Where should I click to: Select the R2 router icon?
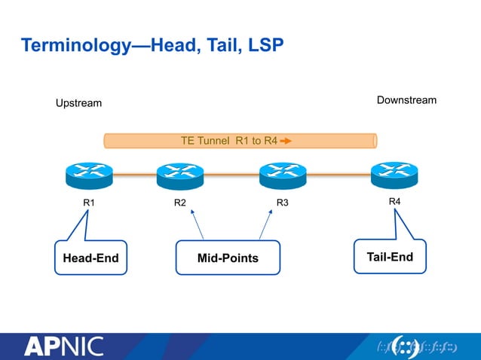pos(180,176)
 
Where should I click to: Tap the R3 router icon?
pos(282,176)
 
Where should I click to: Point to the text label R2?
pos(180,203)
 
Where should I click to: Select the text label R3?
pos(282,203)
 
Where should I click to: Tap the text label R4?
pos(394,202)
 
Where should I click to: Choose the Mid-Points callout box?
pos(228,258)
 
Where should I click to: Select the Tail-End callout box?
pos(390,258)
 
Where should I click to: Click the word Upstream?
pos(79,102)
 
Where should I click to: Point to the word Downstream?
pos(406,100)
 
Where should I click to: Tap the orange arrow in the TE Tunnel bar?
pos(286,140)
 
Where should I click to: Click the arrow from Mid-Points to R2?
pos(198,225)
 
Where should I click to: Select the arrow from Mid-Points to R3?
pos(265,225)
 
